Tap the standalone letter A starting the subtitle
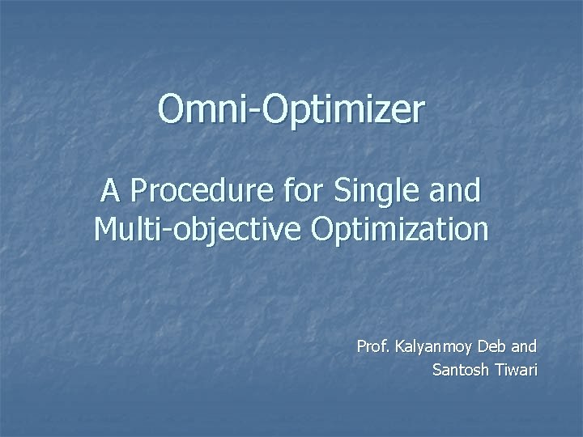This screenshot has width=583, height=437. (x=110, y=192)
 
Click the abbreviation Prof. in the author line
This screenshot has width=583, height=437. (x=372, y=347)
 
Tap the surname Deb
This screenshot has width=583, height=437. (x=493, y=347)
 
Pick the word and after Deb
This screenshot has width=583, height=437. (x=525, y=347)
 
